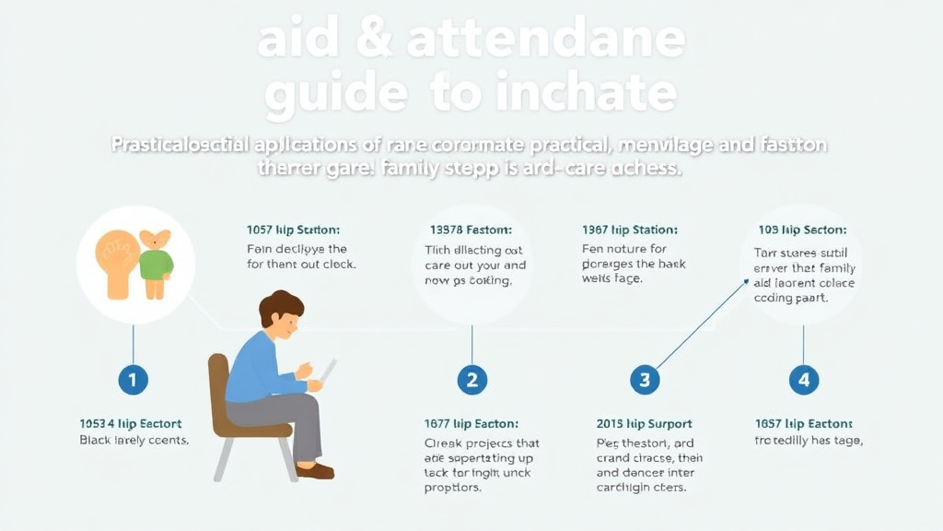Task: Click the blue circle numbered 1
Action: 134,379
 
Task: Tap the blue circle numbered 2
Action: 471,379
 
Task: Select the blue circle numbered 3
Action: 644,379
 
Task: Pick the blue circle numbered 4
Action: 803,379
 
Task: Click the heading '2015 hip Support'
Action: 645,424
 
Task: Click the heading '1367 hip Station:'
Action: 630,230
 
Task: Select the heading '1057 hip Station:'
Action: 294,230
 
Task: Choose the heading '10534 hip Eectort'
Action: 131,424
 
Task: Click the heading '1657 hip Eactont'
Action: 804,424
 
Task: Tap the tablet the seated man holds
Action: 329,371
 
